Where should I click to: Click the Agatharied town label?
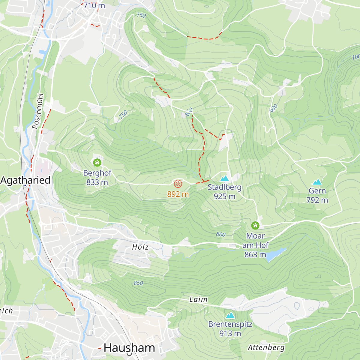pyautogui.click(x=25, y=180)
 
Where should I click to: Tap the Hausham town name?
pyautogui.click(x=129, y=348)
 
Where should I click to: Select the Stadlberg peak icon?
pyautogui.click(x=224, y=178)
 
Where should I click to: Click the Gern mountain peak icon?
pyautogui.click(x=317, y=182)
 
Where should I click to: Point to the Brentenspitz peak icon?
pyautogui.click(x=230, y=315)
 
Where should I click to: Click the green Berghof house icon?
pyautogui.click(x=97, y=163)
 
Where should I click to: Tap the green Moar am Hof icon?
pyautogui.click(x=255, y=225)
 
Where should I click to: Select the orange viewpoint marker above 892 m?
pyautogui.click(x=178, y=184)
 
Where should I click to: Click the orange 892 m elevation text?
pyautogui.click(x=178, y=194)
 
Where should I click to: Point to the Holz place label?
pyautogui.click(x=140, y=247)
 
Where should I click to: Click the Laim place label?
pyautogui.click(x=198, y=299)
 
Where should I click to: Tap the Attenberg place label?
pyautogui.click(x=266, y=348)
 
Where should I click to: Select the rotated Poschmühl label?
pyautogui.click(x=38, y=111)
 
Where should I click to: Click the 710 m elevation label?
pyautogui.click(x=94, y=6)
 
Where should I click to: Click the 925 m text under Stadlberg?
pyautogui.click(x=224, y=196)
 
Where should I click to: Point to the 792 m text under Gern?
pyautogui.click(x=317, y=200)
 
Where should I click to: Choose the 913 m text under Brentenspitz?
pyautogui.click(x=230, y=333)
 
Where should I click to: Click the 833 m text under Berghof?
pyautogui.click(x=97, y=182)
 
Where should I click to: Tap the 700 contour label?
pyautogui.click(x=355, y=57)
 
